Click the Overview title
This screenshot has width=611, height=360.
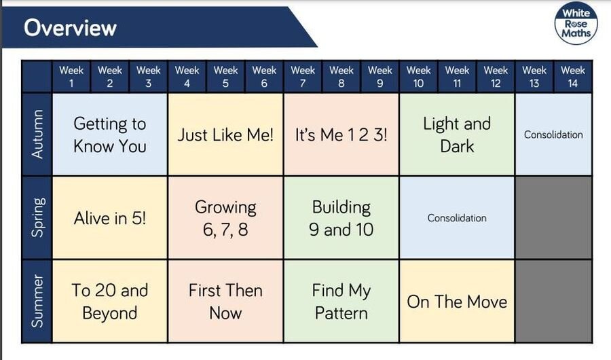(70, 28)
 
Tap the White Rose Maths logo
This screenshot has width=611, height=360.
(576, 23)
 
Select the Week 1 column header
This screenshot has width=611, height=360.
(71, 77)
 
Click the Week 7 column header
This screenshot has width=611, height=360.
(303, 77)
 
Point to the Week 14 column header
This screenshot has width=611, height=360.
(573, 77)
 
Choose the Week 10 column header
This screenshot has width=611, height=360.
(418, 77)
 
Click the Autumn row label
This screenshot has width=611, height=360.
(37, 134)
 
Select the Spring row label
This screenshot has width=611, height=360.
(37, 217)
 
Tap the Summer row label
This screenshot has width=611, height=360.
(37, 301)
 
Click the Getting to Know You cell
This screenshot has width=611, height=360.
(110, 134)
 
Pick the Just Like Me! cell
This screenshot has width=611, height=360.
(225, 134)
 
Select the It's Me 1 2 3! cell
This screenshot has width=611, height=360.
(341, 134)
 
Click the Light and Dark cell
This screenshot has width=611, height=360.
(457, 134)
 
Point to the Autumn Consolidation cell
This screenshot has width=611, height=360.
(554, 134)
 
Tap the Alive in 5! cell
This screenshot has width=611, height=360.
(110, 217)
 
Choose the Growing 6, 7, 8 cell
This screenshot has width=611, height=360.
(225, 217)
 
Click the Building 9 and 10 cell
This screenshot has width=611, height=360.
(341, 217)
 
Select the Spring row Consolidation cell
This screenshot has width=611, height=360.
(457, 217)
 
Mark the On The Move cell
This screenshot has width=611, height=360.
(457, 301)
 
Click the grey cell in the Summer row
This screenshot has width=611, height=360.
(554, 301)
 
